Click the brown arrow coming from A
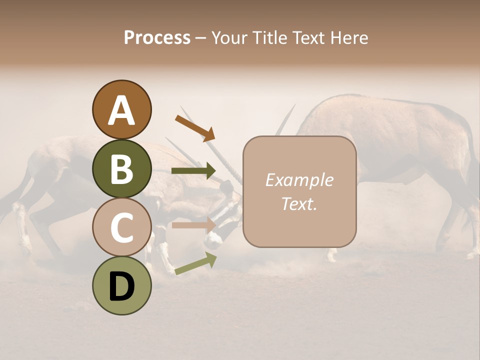[195, 128]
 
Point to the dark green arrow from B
[193, 171]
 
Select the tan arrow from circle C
[193, 225]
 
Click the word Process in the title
[157, 37]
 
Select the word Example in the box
[299, 180]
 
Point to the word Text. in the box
[299, 203]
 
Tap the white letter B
[121, 169]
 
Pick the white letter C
[121, 227]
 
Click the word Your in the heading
[227, 37]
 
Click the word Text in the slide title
[307, 37]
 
